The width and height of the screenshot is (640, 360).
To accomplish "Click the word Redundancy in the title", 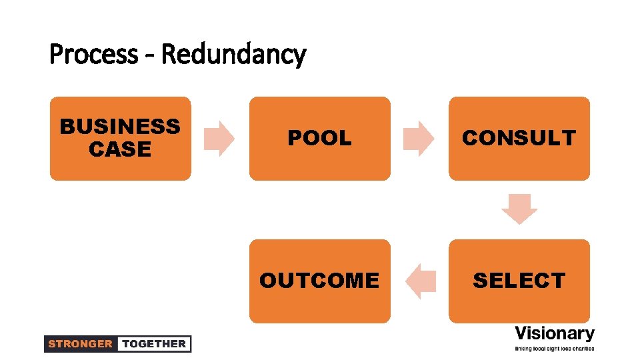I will click(x=233, y=54).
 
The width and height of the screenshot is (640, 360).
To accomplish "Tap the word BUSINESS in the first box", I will click(x=120, y=126).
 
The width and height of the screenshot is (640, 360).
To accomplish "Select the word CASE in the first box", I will click(x=120, y=149).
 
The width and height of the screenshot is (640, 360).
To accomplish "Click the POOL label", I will click(x=319, y=138).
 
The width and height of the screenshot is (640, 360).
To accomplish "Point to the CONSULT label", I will click(x=519, y=138).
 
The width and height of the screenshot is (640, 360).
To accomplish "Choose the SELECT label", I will click(x=519, y=281).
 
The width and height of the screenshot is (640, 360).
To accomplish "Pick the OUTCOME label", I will click(x=319, y=281).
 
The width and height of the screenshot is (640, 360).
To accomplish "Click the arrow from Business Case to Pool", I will click(x=219, y=139).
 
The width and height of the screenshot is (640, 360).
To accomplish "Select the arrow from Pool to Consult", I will click(x=419, y=139).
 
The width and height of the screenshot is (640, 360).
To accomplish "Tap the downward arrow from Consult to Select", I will click(x=519, y=209).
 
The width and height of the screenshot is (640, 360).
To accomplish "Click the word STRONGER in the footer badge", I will click(x=80, y=344).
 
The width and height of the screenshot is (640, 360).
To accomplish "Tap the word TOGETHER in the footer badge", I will click(x=154, y=344).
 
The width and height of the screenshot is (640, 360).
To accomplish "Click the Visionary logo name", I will click(x=555, y=333).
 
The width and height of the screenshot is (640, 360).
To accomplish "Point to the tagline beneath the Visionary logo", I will click(x=555, y=349).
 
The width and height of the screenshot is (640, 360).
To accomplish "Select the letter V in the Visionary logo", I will click(x=521, y=333).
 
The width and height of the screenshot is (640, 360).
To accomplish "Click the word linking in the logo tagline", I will click(x=523, y=349).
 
